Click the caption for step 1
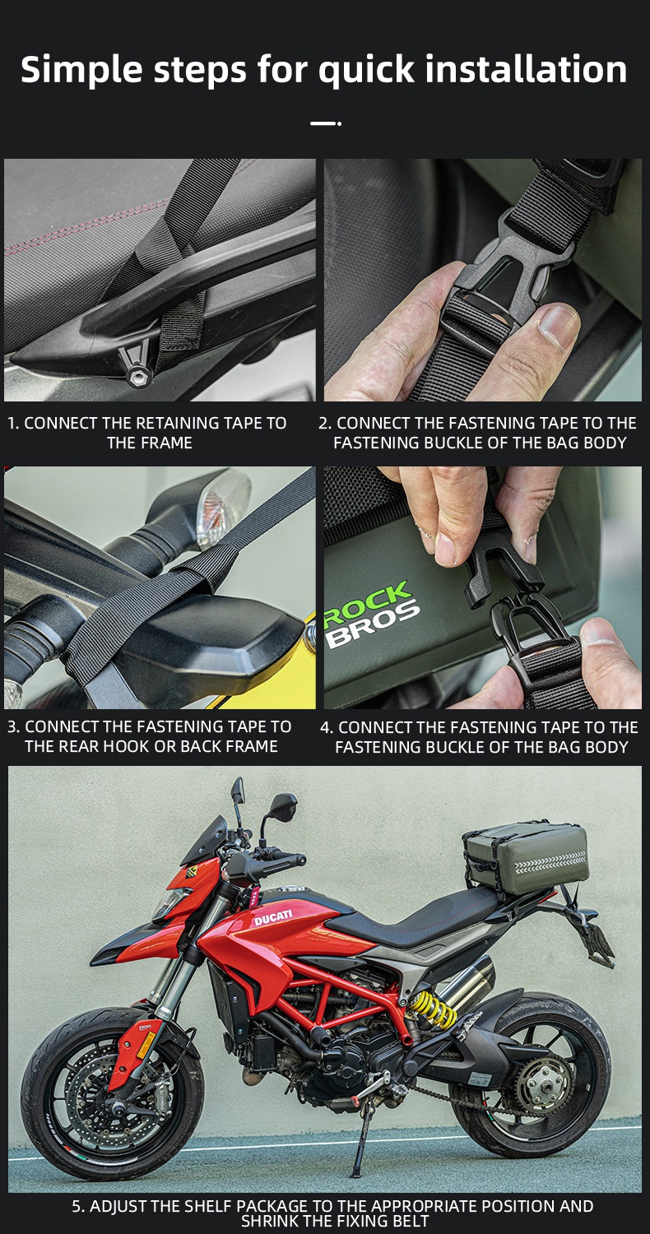click(x=148, y=433)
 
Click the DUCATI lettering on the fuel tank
click(x=272, y=918)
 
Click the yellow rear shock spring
click(x=433, y=1010)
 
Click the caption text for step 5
click(x=332, y=1213)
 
